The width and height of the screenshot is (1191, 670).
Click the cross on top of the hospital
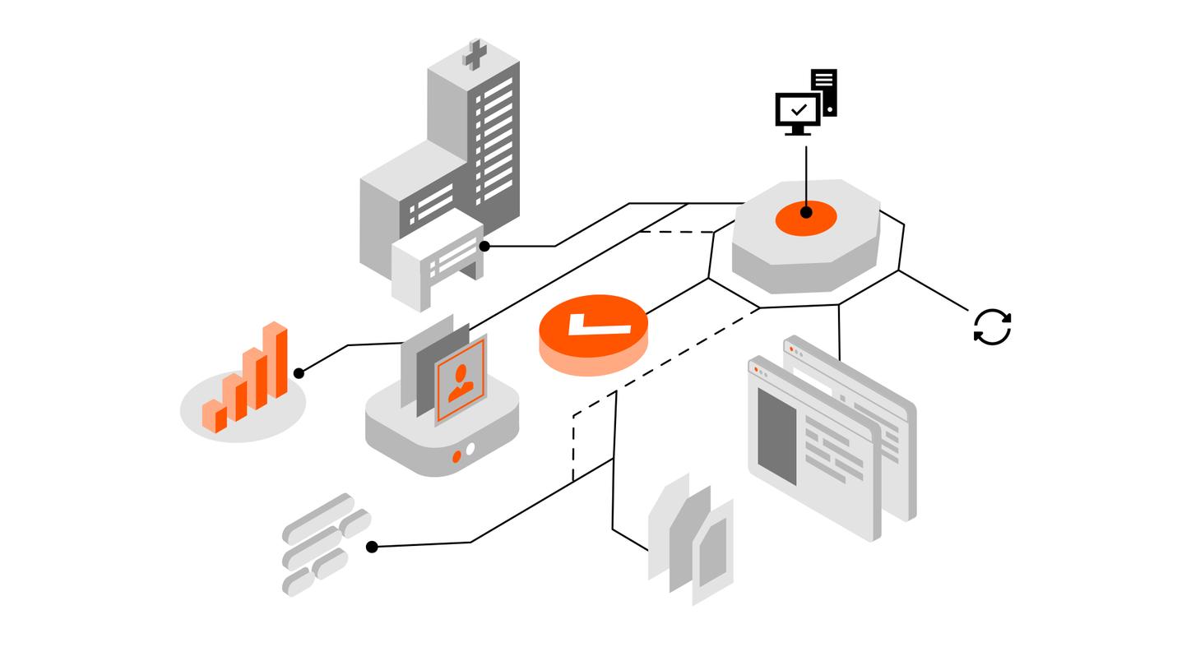[x=475, y=54]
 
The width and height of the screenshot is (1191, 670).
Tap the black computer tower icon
[x=824, y=91]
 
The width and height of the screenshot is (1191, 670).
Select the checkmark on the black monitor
[x=798, y=109]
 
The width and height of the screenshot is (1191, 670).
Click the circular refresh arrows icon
[x=992, y=326]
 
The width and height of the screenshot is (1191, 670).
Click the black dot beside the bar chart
[x=299, y=373]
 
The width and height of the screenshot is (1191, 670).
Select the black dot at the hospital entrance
[x=484, y=246]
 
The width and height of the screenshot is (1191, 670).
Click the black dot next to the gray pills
[x=372, y=547]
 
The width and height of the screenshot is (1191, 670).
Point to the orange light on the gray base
[x=456, y=457]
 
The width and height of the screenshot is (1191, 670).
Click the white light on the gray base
[x=470, y=449]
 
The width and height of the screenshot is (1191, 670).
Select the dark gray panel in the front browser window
[x=776, y=437]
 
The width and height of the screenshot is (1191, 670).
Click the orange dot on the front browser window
[x=756, y=370]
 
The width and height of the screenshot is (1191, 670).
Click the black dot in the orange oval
[x=806, y=212]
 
